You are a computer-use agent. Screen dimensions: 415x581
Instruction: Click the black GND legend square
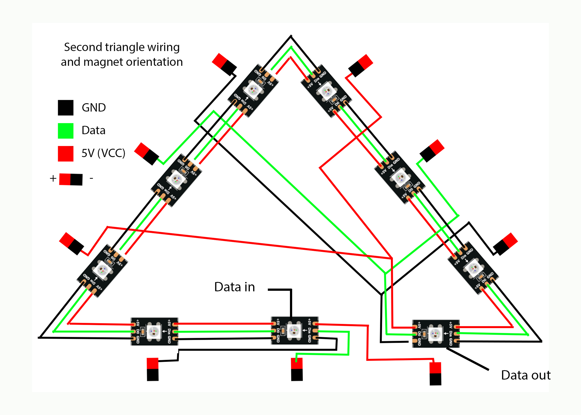coord(66,108)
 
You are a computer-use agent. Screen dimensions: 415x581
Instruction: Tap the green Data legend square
coord(66,131)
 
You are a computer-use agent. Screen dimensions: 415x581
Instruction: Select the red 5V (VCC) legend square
coord(66,154)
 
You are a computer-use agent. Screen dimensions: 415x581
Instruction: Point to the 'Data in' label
coord(234,287)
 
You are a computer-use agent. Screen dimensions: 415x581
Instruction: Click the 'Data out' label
coord(526,375)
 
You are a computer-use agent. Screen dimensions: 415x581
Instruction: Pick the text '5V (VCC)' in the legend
coord(103,153)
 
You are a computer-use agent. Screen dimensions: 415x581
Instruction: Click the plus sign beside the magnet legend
coord(53,178)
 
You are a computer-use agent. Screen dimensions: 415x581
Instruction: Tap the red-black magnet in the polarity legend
coord(71,180)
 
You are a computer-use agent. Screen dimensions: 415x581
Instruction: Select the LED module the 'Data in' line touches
coord(294,330)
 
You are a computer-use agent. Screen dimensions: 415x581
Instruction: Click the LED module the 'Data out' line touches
coord(436,334)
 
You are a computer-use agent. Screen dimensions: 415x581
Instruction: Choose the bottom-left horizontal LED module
coord(154,331)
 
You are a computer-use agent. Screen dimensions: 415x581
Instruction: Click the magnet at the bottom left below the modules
coord(153,369)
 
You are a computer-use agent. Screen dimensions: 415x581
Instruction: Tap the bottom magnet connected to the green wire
coord(297,369)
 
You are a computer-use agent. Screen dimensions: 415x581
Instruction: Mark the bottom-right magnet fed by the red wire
coord(435,373)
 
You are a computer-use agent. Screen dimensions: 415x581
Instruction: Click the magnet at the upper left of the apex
coord(224,64)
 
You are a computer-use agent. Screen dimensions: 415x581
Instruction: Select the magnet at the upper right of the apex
coord(361,65)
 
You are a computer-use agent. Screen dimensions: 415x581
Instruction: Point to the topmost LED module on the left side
coord(253,90)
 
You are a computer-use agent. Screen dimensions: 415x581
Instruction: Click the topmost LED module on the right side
coord(326,91)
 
